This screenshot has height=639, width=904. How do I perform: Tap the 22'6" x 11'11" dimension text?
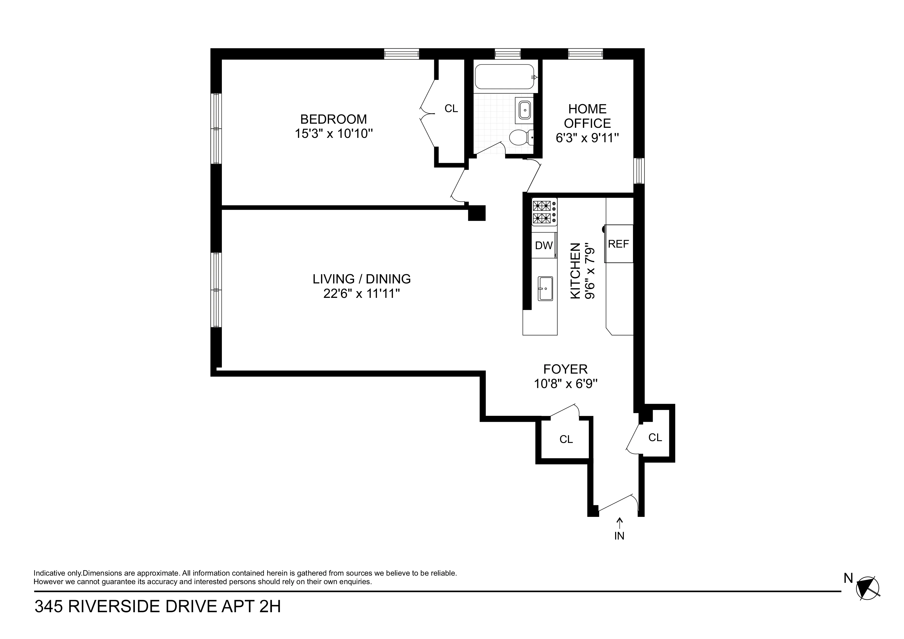click(362, 294)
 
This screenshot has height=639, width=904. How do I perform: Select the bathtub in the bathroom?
click(504, 77)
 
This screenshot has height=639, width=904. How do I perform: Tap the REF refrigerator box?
click(618, 244)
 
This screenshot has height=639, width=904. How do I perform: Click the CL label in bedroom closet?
click(451, 109)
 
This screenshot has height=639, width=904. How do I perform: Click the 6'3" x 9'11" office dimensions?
click(587, 138)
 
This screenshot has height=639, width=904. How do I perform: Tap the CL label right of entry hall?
click(655, 438)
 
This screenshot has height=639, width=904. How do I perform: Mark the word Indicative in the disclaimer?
click(50, 573)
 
